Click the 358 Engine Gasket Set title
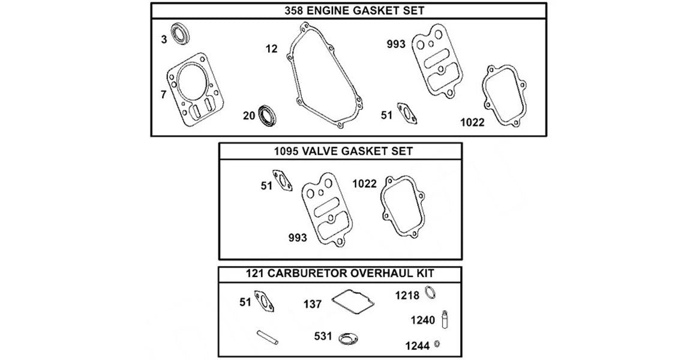348,11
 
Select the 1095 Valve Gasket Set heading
341,151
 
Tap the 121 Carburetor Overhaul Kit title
340,274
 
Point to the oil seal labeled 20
267,116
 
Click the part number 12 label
272,49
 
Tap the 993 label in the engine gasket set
396,44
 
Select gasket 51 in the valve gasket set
283,181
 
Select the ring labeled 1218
430,293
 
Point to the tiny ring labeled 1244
438,344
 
